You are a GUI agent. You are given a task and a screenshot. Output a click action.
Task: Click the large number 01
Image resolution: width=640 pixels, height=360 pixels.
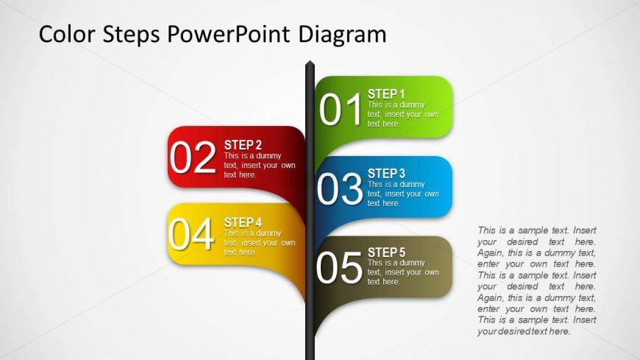pos(341,109)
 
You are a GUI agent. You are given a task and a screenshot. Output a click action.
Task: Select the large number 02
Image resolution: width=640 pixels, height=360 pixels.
pos(193,158)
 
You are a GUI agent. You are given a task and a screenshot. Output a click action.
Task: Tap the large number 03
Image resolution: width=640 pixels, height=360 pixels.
pos(340,188)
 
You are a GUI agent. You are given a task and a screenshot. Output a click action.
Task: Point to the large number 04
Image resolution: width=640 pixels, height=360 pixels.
pos(191,233)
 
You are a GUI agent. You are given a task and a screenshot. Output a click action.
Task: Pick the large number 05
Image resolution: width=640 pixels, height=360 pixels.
pos(339,267)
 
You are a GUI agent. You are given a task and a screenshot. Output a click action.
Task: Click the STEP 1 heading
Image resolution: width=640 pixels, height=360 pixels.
pos(386,94)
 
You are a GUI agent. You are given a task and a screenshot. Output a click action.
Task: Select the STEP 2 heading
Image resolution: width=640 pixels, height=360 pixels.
pos(243,145)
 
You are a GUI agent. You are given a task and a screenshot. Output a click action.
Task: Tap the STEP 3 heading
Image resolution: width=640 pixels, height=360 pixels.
pos(386,173)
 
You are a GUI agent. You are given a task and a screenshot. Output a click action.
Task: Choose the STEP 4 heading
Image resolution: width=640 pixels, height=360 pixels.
pos(243,222)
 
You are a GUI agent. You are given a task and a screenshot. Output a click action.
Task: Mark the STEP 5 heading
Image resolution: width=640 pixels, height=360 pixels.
pos(386,252)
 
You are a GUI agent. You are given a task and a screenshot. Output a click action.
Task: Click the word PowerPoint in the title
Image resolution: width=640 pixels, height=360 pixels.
pos(229,34)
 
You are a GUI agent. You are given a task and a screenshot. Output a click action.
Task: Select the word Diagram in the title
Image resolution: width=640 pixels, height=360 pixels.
pos(342,35)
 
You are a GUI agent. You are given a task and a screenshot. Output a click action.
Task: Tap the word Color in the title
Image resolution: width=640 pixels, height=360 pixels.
pos(66,34)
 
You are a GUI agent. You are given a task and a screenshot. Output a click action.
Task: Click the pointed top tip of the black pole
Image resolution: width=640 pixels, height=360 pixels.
pos(310,61)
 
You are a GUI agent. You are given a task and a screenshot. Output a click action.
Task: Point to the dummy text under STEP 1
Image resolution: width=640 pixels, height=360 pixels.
pos(403,114)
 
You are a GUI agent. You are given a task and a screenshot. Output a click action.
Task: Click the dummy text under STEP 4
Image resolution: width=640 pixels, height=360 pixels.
pos(260,243)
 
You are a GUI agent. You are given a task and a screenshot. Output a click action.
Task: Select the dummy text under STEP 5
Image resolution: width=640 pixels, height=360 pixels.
pos(403,272)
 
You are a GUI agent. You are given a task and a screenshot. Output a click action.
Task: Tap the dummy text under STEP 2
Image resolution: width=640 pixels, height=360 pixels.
pos(260,165)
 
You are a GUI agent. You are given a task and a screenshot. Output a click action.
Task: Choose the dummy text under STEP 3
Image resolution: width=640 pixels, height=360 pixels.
pos(403,194)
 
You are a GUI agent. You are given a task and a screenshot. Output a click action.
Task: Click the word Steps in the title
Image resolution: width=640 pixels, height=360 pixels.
pos(131,35)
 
